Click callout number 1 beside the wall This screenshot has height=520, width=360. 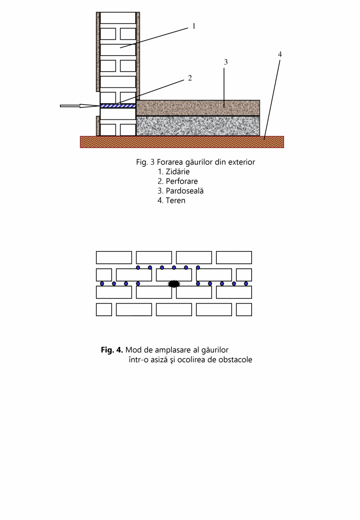(194, 26)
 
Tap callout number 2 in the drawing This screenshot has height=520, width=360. (190, 78)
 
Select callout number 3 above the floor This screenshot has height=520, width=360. (226, 62)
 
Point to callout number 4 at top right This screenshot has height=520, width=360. (280, 54)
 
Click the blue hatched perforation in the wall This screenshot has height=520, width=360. (118, 106)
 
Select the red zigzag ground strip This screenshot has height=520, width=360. (182, 142)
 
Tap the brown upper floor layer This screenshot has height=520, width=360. (198, 108)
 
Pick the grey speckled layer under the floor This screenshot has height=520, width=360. (198, 126)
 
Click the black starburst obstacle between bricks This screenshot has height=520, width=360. (174, 283)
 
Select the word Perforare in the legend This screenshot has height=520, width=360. (182, 181)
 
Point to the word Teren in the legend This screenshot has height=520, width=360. (175, 200)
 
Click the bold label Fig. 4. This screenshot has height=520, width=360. (112, 350)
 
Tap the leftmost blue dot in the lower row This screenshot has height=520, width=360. (102, 283)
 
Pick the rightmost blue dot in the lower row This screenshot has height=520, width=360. (246, 283)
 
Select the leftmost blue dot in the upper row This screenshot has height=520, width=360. (138, 267)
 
